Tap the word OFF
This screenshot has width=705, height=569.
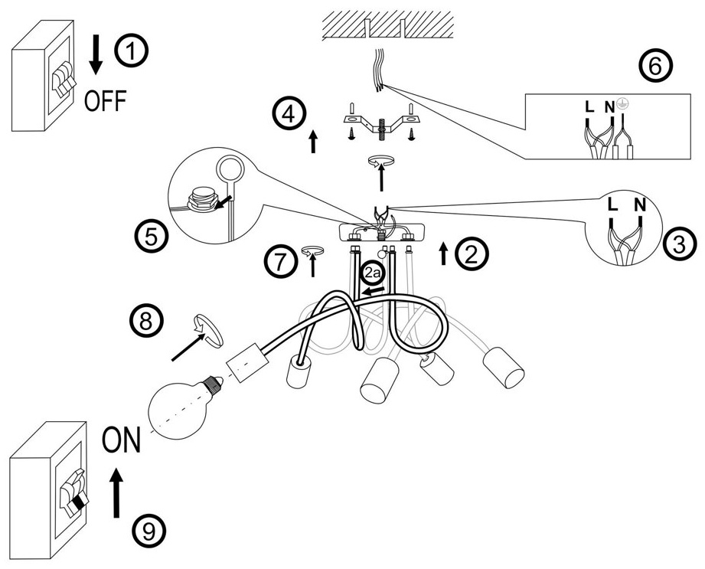coord(105,101)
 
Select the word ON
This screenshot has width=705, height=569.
coord(122,440)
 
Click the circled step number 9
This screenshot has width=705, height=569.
coord(149,532)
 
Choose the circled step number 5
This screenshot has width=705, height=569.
coord(151,237)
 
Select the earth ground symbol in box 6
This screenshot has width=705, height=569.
coord(622,104)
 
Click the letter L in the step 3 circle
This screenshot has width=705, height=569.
coord(612,204)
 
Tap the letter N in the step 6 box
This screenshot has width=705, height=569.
coord(609,107)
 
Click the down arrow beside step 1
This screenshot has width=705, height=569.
coord(96,54)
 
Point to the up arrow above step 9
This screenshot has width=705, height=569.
coord(116,493)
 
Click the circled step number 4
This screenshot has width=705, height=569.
coord(289,114)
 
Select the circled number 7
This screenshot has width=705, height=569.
coord(279,262)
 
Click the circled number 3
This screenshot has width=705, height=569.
coord(679,245)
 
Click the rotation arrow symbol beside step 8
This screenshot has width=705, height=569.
coord(207,331)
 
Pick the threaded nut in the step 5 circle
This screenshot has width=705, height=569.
coord(203,199)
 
